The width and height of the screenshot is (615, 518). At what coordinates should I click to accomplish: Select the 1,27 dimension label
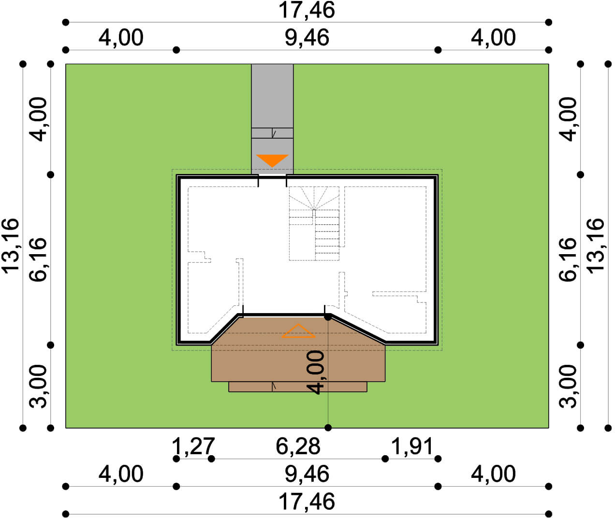click(193, 446)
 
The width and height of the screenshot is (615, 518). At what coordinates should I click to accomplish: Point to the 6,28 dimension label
click(298, 446)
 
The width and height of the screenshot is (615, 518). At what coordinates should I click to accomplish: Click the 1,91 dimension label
click(412, 446)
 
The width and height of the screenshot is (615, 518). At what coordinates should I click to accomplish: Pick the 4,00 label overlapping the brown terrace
click(315, 372)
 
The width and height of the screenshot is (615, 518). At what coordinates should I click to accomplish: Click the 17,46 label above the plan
click(307, 10)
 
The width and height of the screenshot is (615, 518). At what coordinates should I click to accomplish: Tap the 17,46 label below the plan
click(307, 502)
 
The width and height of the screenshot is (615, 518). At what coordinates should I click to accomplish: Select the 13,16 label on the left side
click(11, 246)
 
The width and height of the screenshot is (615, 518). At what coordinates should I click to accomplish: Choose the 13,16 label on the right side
click(596, 246)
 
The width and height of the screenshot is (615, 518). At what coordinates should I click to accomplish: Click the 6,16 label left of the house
click(38, 259)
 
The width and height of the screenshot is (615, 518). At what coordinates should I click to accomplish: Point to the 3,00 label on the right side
click(568, 387)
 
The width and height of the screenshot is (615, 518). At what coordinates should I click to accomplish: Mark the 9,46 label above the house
click(307, 38)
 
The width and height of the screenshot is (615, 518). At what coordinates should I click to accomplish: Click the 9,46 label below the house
click(307, 474)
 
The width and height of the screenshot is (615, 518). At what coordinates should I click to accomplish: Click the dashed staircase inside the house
click(314, 223)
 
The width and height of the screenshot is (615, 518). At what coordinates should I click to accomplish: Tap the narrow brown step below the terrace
click(298, 387)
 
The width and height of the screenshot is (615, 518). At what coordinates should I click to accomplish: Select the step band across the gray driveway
click(272, 133)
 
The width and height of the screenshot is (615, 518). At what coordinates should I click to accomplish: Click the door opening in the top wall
click(272, 176)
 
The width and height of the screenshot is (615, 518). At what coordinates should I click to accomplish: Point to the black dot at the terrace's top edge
click(328, 317)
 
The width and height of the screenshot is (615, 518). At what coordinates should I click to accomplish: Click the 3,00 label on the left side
click(38, 387)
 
